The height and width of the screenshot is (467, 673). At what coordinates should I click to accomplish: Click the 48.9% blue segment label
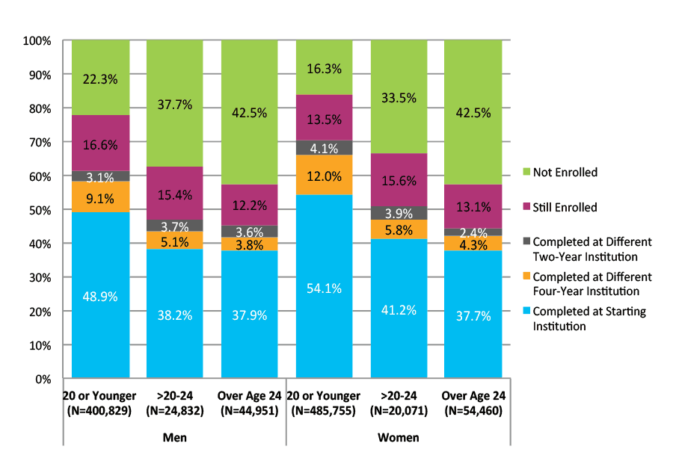[100, 296]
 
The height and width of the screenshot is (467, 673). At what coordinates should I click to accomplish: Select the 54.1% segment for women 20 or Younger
[324, 288]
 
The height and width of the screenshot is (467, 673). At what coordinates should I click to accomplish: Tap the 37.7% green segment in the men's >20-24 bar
[175, 105]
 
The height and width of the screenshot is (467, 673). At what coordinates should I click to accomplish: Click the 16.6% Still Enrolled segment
[100, 143]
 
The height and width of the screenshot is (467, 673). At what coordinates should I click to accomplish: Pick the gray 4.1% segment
[324, 148]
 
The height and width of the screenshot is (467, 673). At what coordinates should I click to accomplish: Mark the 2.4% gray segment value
[473, 232]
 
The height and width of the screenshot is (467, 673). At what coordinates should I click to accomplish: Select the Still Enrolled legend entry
[566, 208]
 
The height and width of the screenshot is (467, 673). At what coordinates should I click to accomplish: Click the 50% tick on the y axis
[39, 210]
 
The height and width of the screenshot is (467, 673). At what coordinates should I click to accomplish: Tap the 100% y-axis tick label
[36, 40]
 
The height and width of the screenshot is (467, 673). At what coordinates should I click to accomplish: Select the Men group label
[174, 437]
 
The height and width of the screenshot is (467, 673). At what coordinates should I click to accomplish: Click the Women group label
[399, 437]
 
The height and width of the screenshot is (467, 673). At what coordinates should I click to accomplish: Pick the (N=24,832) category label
[174, 410]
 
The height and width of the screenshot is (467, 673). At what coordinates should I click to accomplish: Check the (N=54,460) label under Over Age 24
[473, 410]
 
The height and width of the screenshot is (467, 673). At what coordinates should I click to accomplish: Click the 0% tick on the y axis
[42, 379]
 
